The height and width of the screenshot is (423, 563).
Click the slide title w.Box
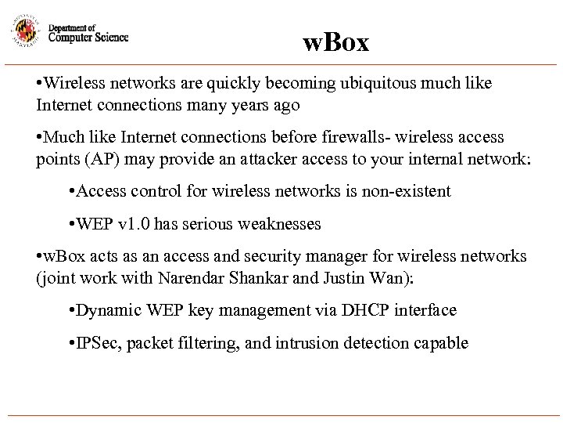336,43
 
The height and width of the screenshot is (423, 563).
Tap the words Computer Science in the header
88,37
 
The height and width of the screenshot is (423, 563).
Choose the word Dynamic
107,311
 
